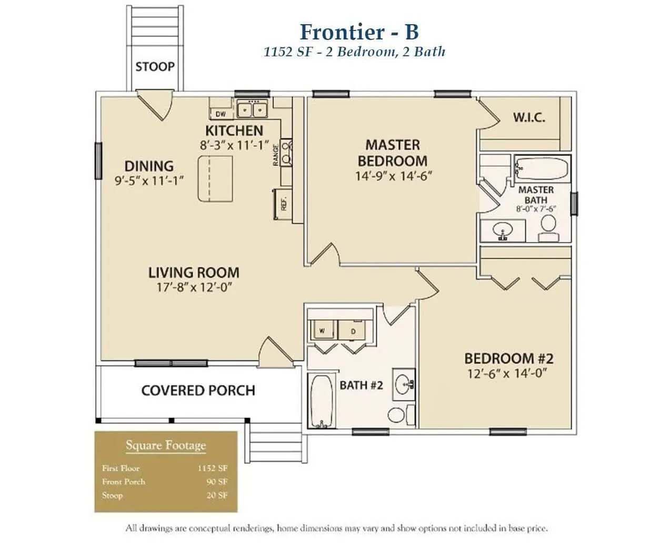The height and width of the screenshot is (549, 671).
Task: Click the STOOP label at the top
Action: [155, 67]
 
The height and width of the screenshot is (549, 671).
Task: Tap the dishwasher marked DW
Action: [221, 114]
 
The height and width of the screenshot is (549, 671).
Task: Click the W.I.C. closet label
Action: [529, 117]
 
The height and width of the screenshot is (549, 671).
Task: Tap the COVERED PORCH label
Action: [198, 391]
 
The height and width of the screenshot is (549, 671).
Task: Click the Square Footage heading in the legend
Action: [165, 446]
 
